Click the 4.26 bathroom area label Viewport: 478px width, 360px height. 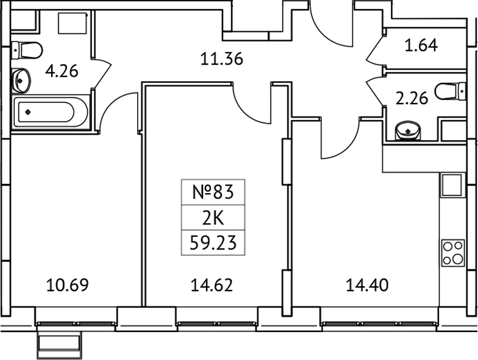(x=62, y=71)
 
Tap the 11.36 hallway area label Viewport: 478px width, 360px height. (x=222, y=59)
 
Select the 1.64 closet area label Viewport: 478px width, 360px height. (x=421, y=45)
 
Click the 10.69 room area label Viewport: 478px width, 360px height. (x=68, y=284)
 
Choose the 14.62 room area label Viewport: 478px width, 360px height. (x=212, y=284)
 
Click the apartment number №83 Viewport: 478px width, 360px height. (x=213, y=192)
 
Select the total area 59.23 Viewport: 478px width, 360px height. (x=213, y=244)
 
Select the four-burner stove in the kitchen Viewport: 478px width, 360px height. (x=453, y=252)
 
